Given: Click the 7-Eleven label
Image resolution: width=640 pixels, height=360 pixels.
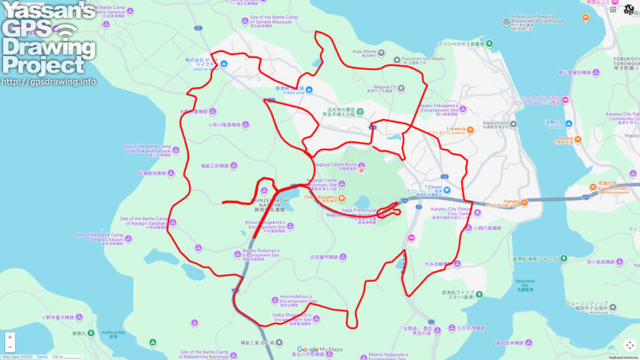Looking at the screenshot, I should [x=432, y=187].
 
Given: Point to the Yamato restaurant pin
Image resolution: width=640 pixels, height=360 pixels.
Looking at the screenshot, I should [x=525, y=202].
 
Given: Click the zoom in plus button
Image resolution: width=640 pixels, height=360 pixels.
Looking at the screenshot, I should [x=10, y=337].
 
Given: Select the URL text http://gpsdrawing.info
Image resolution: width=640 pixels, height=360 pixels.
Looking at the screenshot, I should [x=48, y=82].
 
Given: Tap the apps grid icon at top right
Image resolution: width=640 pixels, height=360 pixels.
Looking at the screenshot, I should [x=612, y=9].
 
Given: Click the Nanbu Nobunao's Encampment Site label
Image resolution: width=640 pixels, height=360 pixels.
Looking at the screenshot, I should [x=260, y=254].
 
